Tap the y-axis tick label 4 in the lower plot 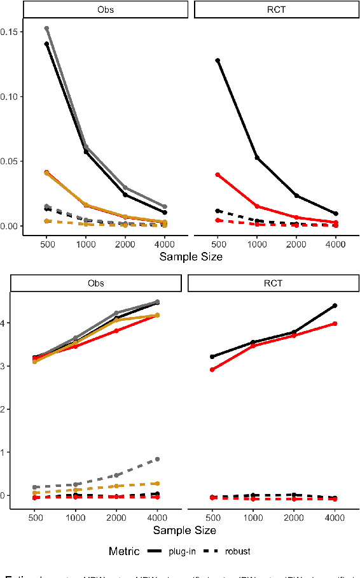point(6,323)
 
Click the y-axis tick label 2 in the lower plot point(6,409)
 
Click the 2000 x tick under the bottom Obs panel point(116,519)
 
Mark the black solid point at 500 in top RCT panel point(218,60)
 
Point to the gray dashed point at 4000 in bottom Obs point(158,459)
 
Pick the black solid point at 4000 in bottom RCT point(335,306)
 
